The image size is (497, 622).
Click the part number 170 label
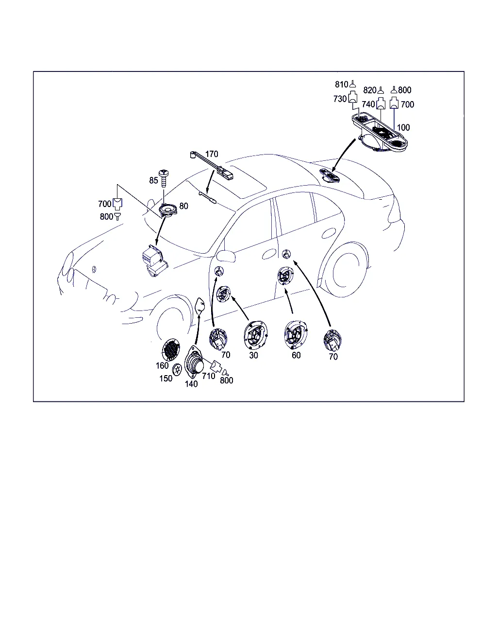coord(212,154)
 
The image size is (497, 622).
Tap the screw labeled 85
coord(164,178)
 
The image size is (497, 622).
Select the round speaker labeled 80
coord(168,209)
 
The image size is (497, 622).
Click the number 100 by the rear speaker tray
coord(403,127)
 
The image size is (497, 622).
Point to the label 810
coord(341,85)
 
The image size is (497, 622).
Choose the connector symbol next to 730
coord(353,97)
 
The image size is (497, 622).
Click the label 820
coord(370,90)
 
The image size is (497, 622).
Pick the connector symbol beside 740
coord(381,104)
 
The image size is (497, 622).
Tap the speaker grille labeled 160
coord(171,350)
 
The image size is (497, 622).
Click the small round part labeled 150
coord(177,370)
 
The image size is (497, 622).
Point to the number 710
coord(209,376)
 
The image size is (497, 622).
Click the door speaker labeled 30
coord(256,335)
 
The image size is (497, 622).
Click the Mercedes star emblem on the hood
coord(94,269)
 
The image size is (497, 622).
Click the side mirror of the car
coord(226,256)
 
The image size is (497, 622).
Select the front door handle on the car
coord(269,254)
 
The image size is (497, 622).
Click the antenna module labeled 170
coord(212,166)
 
